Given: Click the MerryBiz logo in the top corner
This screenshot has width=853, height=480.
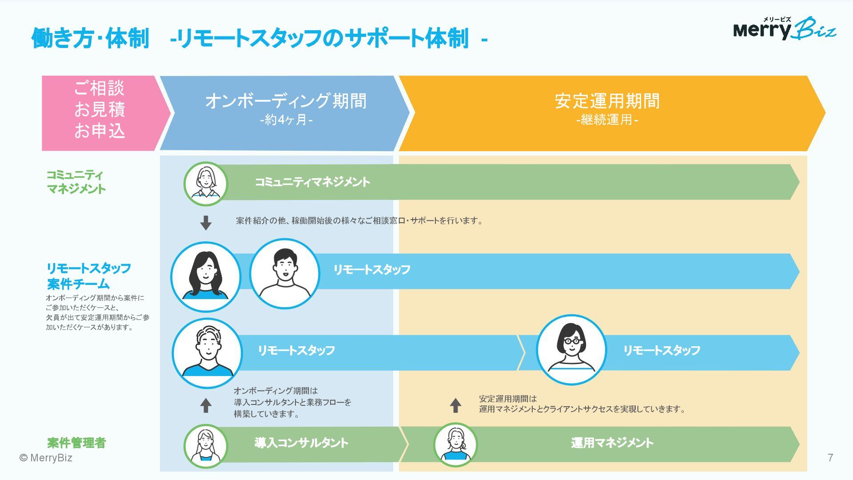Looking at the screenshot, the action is point(784,29).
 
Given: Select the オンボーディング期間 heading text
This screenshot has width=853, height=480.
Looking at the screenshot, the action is point(286,101).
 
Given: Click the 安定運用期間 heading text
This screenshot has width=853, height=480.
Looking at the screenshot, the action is point(607,101).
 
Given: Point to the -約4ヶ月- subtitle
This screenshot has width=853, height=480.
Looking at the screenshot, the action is point(286,120).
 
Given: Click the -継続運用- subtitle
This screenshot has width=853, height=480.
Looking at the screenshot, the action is point(607,120).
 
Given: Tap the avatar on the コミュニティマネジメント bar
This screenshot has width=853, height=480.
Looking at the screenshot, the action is point(206,184).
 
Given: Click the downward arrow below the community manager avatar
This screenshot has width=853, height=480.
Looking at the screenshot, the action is point(206,223).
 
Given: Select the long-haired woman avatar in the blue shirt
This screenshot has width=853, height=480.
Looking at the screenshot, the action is point(206,276).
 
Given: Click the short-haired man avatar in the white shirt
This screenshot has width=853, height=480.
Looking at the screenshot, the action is point(285,273).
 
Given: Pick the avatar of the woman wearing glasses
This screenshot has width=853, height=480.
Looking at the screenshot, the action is point(571,350).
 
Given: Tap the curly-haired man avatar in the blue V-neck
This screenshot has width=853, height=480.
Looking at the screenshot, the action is point(207,353).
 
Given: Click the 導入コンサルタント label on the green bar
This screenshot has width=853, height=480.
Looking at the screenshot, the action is point(301,443).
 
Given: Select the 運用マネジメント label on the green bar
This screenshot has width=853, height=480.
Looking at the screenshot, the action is point(612,443).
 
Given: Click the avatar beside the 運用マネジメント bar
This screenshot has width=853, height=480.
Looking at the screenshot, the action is point(455,444).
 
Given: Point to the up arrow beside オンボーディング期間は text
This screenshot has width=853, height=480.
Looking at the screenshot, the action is point(206,405).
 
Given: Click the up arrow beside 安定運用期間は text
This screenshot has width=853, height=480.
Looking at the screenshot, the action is point(455,405).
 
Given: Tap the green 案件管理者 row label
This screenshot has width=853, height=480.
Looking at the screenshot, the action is point(76,443).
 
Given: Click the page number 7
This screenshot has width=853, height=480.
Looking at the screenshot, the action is point(830,458).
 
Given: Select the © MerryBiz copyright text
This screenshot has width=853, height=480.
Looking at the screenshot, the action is point(46,458).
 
